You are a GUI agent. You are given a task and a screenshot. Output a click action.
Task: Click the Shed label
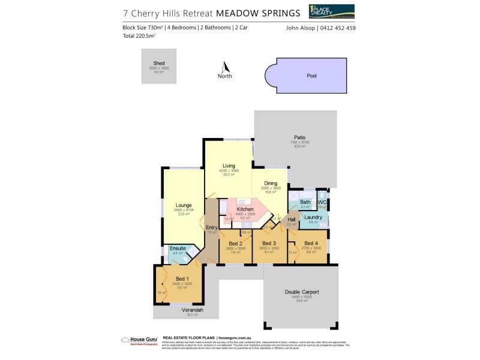[159, 63]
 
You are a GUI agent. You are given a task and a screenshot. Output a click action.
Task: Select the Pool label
[311, 77]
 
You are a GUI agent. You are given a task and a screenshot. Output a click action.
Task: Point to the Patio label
[299, 137]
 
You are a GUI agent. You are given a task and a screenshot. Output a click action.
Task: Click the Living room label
[229, 166]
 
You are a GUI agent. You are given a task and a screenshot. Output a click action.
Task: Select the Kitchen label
[245, 209]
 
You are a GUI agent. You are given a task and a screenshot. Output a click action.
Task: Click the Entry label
[211, 227]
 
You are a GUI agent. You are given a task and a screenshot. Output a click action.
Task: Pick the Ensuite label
[178, 248]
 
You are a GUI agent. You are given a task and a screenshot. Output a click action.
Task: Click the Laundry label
[313, 217]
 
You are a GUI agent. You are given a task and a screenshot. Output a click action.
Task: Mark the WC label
[322, 202]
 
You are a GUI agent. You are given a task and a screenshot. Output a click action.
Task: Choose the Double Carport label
[301, 292]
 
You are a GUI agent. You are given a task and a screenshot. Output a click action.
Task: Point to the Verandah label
[193, 310]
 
